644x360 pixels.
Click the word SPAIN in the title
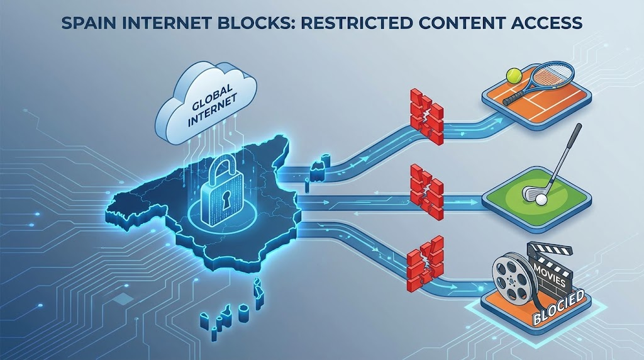(x=86, y=23)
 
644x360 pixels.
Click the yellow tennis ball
(x=513, y=75)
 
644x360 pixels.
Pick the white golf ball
(x=541, y=200)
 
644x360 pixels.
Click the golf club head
(x=530, y=193)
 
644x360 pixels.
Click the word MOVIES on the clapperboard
(x=550, y=275)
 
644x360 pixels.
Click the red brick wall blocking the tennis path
(x=427, y=116)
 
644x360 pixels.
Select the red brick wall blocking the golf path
(x=427, y=191)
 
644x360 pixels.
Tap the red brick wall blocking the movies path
(x=426, y=262)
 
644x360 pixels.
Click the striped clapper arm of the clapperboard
(x=550, y=249)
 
